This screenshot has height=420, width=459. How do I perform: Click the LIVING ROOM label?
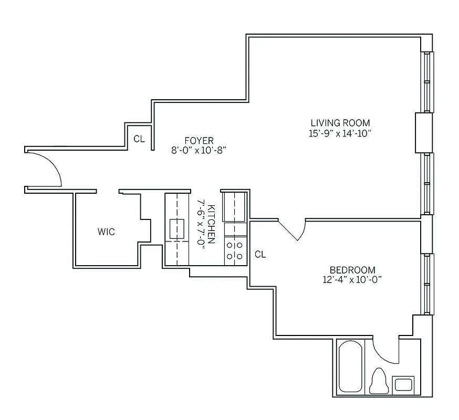(340, 123)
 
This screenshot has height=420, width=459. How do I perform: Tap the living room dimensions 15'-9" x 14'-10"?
(340, 133)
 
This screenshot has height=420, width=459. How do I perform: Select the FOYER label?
(199, 140)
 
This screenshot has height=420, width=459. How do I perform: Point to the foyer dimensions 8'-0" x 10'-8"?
(199, 150)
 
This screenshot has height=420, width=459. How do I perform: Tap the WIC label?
(106, 232)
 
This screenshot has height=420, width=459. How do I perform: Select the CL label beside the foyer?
(139, 140)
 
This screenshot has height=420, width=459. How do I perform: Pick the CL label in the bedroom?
(260, 255)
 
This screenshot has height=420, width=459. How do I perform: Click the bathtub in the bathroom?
(350, 366)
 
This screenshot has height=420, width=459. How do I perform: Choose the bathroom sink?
(403, 384)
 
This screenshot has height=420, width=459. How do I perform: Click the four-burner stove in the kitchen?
(235, 250)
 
